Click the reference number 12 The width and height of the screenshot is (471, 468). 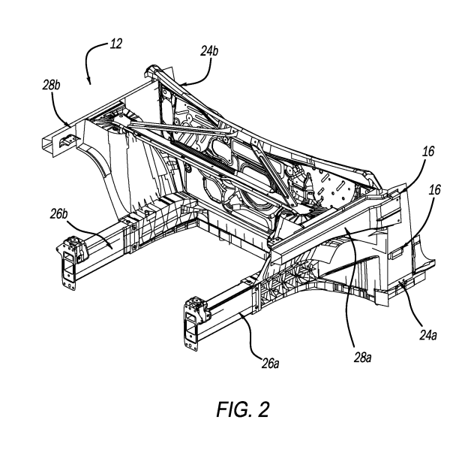pyautogui.click(x=116, y=44)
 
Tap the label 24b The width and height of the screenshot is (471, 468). pyautogui.click(x=209, y=51)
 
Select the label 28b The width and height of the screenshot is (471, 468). pyautogui.click(x=51, y=85)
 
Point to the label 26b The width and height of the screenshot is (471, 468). pyautogui.click(x=58, y=214)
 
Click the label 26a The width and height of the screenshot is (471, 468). pyautogui.click(x=270, y=364)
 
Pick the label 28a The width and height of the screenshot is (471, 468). pyautogui.click(x=362, y=358)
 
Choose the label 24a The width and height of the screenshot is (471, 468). pyautogui.click(x=428, y=335)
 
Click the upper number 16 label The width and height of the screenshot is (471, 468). pyautogui.click(x=428, y=151)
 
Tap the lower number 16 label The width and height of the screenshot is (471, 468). pyautogui.click(x=435, y=190)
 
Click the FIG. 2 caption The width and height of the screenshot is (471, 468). pyautogui.click(x=243, y=409)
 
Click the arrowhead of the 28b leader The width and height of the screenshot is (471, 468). pyautogui.click(x=68, y=123)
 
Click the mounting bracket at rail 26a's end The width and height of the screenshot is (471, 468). pyautogui.click(x=195, y=322)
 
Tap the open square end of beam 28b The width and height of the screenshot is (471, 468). pyautogui.click(x=49, y=143)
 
